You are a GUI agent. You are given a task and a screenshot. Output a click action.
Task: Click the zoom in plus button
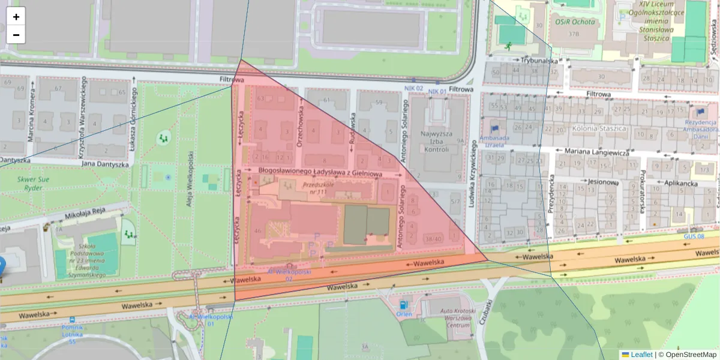(16, 17)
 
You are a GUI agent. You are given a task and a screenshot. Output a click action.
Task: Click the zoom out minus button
(16, 35)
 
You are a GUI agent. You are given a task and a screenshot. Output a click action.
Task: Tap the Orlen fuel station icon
(403, 304)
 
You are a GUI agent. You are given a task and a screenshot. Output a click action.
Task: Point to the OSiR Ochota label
(575, 22)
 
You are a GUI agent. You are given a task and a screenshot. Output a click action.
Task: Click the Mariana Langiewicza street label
(592, 152)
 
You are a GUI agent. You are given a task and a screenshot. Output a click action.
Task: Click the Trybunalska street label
(539, 61)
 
